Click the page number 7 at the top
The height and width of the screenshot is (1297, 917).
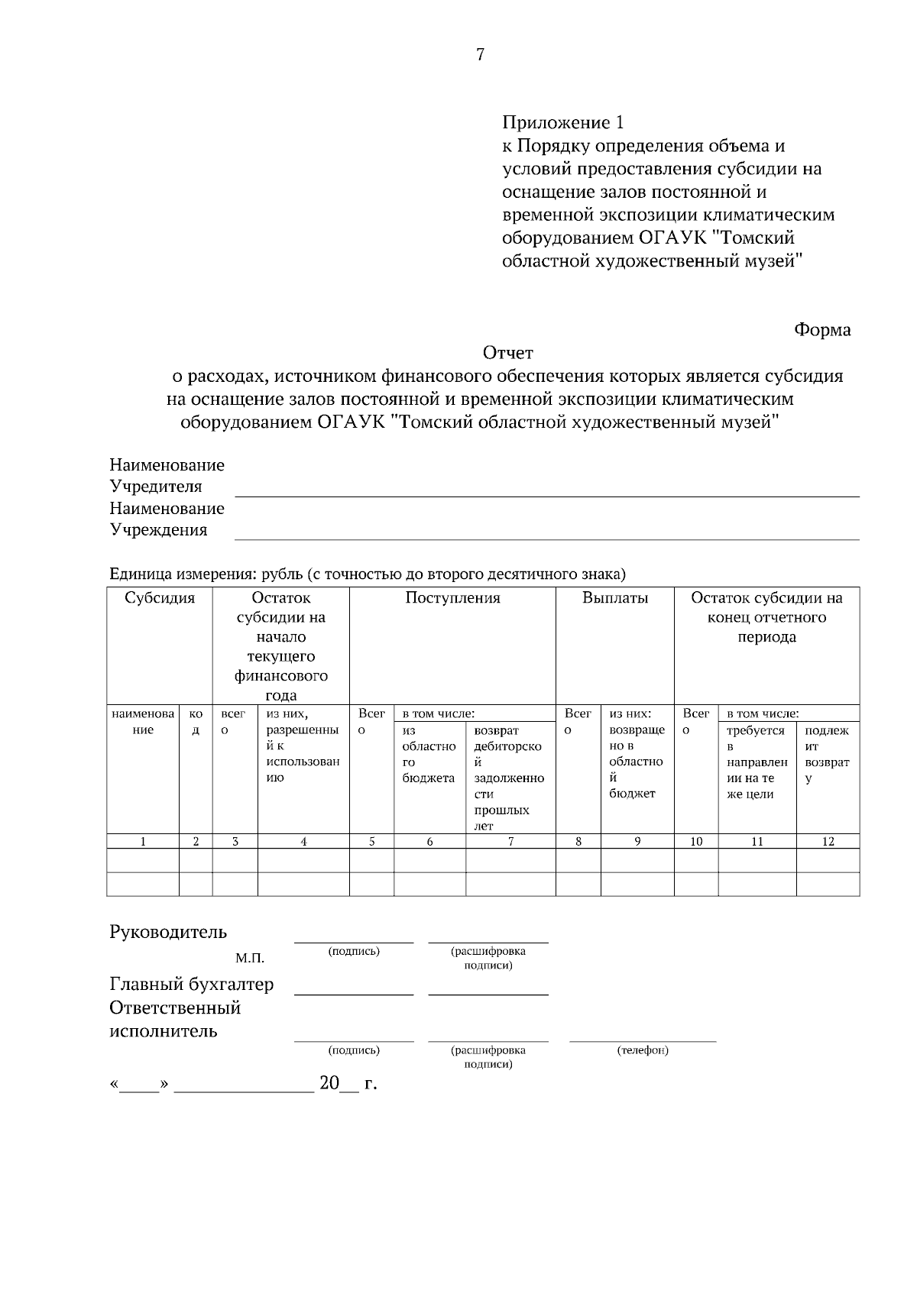(x=480, y=54)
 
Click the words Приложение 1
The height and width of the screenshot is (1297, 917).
(x=563, y=122)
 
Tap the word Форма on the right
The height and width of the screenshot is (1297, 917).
(x=822, y=330)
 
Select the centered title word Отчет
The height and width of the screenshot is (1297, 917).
(x=507, y=353)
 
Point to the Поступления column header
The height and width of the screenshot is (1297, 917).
(x=452, y=598)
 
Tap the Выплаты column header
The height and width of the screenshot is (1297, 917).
(x=614, y=598)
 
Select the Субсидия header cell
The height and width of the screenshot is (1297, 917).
(x=160, y=598)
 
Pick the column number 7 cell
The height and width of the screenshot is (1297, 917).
(x=510, y=842)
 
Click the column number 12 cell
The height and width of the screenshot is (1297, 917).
(x=828, y=842)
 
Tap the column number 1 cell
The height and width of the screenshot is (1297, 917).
(x=143, y=842)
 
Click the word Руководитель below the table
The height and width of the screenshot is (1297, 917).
(x=168, y=932)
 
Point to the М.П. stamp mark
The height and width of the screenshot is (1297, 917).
(x=250, y=958)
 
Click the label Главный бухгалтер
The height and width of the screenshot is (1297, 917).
(x=191, y=984)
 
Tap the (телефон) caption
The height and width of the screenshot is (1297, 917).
(x=643, y=1050)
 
